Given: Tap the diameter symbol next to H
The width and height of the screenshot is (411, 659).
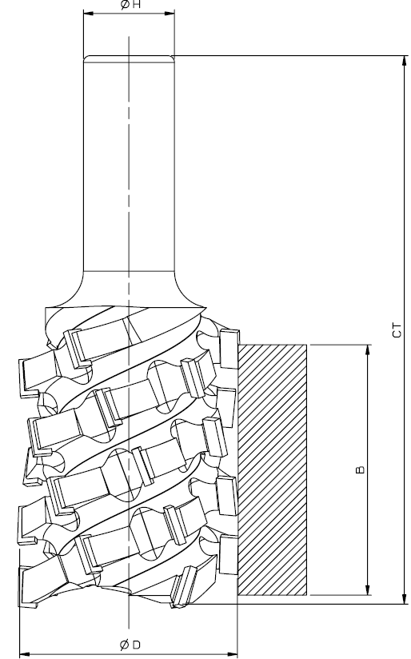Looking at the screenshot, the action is (x=125, y=6).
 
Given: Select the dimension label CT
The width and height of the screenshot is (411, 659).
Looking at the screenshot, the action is (x=397, y=330).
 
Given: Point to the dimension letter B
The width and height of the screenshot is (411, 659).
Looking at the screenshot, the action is (x=360, y=469).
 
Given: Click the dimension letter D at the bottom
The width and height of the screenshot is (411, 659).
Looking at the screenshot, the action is (x=136, y=645).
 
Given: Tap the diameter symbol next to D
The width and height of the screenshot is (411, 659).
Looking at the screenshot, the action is (x=125, y=645).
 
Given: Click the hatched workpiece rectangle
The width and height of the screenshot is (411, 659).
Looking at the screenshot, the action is (x=273, y=470).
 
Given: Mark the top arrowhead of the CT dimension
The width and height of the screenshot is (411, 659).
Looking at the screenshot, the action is (x=405, y=60).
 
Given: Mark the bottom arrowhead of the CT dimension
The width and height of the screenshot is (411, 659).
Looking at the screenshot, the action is (x=405, y=599).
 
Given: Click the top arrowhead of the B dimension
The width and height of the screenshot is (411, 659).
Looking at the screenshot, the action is (x=368, y=349).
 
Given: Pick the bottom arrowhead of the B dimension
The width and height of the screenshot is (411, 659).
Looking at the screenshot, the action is (x=368, y=590).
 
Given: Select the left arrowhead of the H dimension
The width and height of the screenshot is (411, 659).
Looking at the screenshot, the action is (x=88, y=13).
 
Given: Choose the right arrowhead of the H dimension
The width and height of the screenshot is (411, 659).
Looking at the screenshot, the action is (x=170, y=13).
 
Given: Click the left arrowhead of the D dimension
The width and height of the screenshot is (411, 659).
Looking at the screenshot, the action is (x=25, y=654).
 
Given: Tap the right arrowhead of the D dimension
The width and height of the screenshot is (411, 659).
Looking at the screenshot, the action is (x=233, y=654).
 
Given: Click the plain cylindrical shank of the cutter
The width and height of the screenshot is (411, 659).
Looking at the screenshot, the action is (x=129, y=164).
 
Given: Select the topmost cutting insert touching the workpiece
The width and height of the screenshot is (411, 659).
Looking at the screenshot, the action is (x=229, y=349).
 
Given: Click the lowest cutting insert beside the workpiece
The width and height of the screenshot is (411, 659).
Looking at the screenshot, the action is (x=227, y=555).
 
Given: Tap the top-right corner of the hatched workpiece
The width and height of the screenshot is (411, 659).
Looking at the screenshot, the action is (x=307, y=345).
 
